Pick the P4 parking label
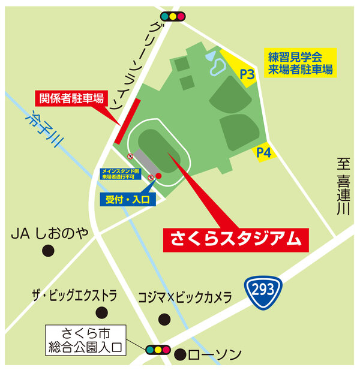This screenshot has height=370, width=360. (264, 154)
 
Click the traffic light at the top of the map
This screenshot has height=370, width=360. (173, 17)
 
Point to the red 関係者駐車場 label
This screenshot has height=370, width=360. (73, 98)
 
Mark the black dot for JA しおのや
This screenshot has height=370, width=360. (46, 251)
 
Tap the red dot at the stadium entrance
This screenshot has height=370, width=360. (159, 176)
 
